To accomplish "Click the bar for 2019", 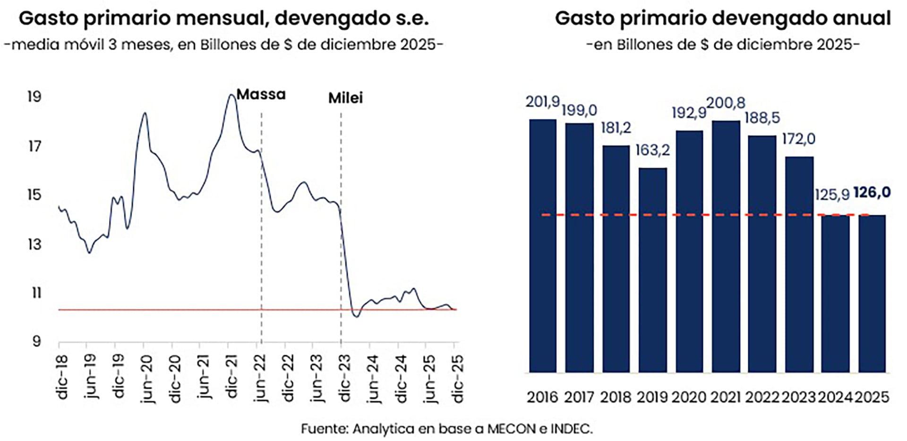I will tap(652, 270).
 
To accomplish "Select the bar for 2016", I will tap(542, 246).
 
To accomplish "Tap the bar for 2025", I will tap(872, 294).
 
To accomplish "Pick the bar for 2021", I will tap(726, 246).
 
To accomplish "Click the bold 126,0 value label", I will tap(872, 193).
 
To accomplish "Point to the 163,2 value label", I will tap(652, 150).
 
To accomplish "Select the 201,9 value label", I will tap(542, 102).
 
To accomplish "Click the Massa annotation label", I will tap(261, 94).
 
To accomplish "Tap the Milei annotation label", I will tap(345, 98).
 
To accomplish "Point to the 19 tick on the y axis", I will tap(34, 97).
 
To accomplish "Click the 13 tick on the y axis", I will tap(34, 245).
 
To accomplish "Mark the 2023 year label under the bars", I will tap(798, 397).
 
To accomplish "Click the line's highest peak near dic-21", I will tap(231, 95).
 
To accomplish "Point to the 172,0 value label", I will tap(798, 139).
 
